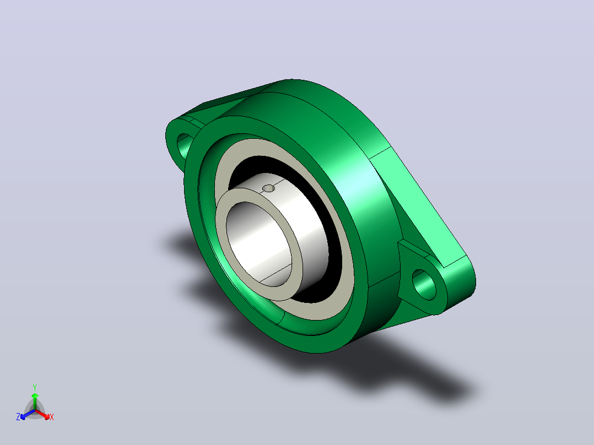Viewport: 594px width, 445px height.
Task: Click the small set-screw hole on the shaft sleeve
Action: tap(268, 188)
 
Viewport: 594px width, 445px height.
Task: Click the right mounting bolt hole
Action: tap(424, 284)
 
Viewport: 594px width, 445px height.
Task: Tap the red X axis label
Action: tap(52, 417)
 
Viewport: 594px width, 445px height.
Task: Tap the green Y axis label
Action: tap(35, 387)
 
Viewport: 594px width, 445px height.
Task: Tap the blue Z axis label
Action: tap(18, 417)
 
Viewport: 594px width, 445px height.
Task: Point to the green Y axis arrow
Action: tap(35, 401)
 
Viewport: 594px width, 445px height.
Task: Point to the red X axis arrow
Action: tap(42, 414)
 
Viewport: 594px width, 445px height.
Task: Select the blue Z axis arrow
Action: tap(28, 414)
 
